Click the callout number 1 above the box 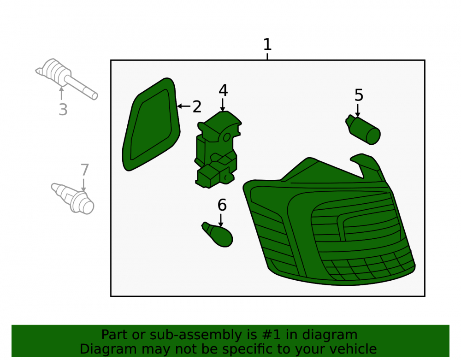click(267, 45)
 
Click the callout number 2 click(197, 106)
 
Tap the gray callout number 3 click(63, 110)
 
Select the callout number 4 click(223, 90)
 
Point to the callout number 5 click(359, 95)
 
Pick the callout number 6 click(222, 205)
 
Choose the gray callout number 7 click(85, 170)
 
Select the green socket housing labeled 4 click(218, 150)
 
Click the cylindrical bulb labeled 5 click(363, 130)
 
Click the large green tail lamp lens click(329, 224)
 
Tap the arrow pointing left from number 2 click(184, 106)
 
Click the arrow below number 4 click(223, 105)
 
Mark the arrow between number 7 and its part click(84, 185)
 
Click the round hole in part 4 click(227, 137)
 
